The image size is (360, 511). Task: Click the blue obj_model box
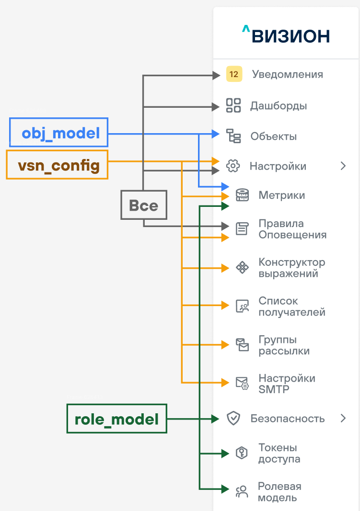coord(59,132)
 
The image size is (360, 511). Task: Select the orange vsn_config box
coord(57,165)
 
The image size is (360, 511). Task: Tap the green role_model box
coord(116,419)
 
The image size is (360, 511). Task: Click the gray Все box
coord(143,205)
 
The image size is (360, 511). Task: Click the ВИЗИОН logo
coord(286,35)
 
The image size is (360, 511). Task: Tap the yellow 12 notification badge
coord(234,74)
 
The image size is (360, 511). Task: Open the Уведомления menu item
coord(287,74)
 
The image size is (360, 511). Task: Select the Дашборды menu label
coord(278,105)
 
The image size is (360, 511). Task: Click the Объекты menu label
coord(273,136)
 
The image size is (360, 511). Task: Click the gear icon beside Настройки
coord(232,166)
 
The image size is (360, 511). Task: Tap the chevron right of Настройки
coord(343,166)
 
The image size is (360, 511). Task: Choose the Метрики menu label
coord(281,195)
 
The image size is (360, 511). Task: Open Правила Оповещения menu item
coord(292,229)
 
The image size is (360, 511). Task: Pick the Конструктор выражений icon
coord(243,268)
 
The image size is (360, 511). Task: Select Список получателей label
coord(291,307)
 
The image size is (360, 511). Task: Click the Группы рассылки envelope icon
coord(242,345)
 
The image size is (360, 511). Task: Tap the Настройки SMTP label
coord(287,384)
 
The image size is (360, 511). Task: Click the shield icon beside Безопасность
coord(233,419)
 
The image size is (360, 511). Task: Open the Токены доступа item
coord(279,453)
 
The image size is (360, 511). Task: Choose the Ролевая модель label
coord(279,492)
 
